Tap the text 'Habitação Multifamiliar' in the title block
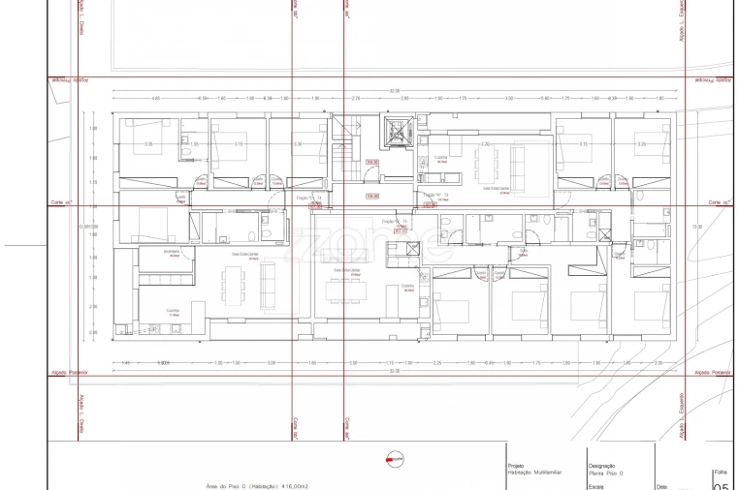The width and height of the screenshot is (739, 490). pos(533,474)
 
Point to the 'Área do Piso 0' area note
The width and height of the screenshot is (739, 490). pos(257,486)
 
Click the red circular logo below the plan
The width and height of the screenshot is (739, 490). pos(394,459)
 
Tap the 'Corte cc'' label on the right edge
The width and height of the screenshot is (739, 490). pos(719,202)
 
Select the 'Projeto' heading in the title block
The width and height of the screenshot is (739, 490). pos(516,466)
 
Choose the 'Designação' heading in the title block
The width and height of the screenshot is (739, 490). pos(601,466)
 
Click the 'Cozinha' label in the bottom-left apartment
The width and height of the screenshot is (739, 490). pos(174,311)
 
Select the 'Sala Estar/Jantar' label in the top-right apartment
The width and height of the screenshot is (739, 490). pos(497,190)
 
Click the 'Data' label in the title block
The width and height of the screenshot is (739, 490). pos(661,487)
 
